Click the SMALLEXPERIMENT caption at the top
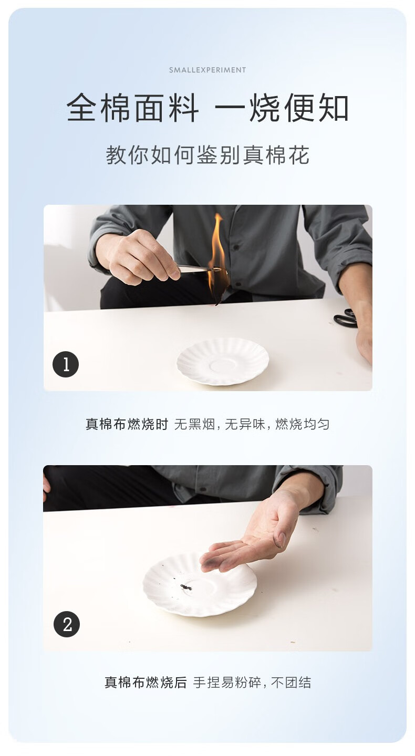(207, 70)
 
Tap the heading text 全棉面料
(132, 108)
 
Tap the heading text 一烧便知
(282, 108)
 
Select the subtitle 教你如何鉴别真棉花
(207, 155)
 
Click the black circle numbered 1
(66, 364)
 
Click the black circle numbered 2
(67, 624)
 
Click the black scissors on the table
(345, 318)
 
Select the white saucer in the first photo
(223, 362)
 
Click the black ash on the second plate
(186, 587)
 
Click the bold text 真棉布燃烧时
(127, 424)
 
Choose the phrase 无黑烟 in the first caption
(195, 424)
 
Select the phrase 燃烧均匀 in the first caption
(302, 424)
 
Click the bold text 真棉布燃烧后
(146, 682)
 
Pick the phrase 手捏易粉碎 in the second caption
(227, 682)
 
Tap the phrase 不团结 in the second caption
(290, 682)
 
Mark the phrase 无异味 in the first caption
(245, 424)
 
